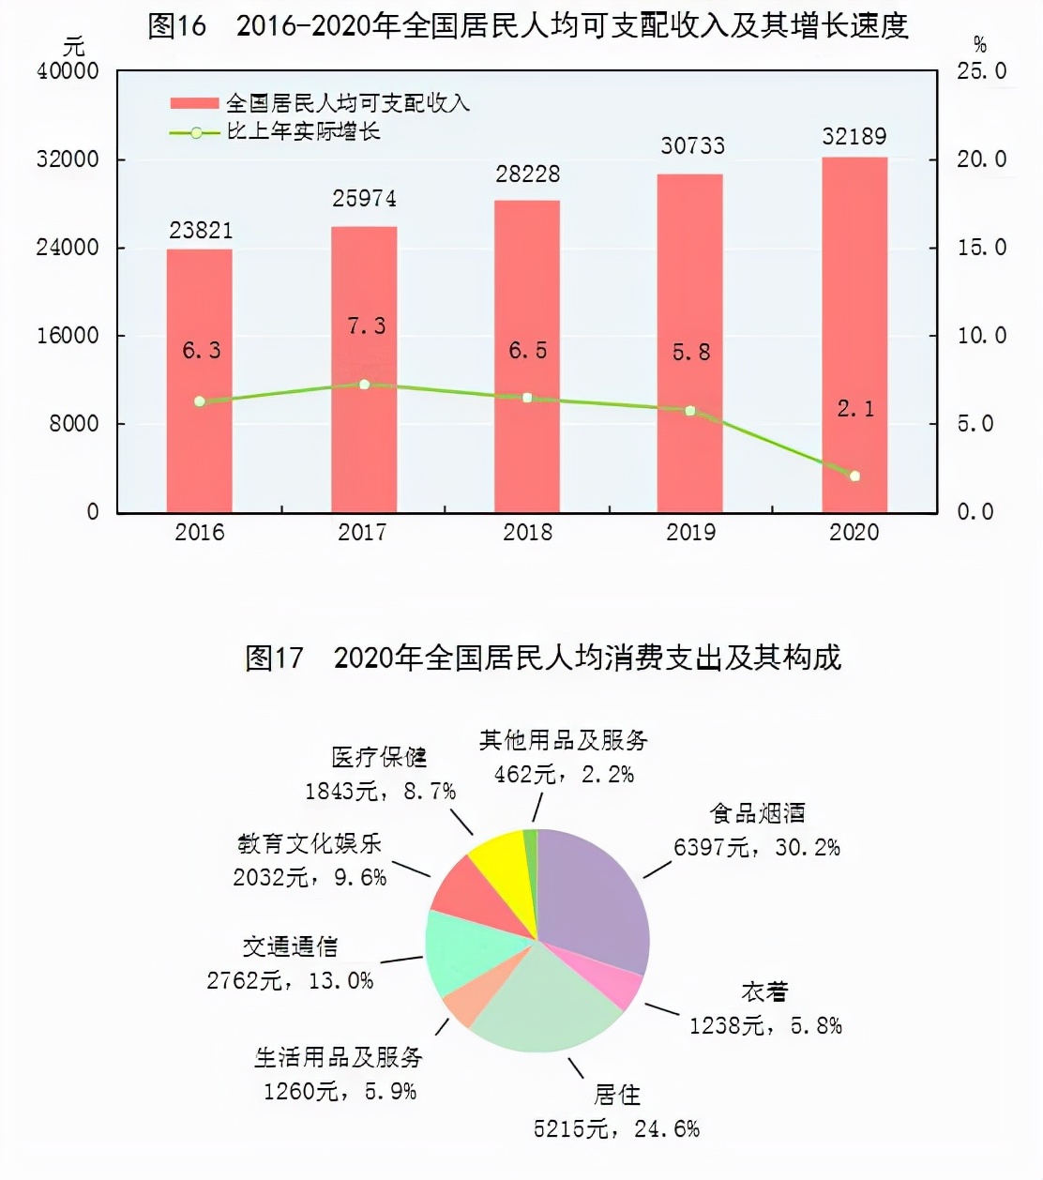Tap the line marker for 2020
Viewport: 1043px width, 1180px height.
tap(854, 477)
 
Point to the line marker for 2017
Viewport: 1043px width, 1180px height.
tap(365, 385)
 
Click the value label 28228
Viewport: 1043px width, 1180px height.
tap(528, 174)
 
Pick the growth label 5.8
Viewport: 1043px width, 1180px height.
tap(691, 353)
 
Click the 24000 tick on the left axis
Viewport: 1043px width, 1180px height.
tap(68, 248)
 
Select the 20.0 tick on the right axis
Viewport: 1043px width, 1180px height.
tap(981, 159)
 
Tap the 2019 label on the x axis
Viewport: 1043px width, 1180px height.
tap(691, 533)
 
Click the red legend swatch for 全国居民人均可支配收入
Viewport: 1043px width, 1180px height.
tap(195, 104)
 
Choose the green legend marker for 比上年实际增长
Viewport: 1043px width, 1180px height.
tap(195, 133)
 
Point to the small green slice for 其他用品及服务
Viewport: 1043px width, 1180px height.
tap(531, 844)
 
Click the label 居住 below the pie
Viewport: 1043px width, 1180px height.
tap(617, 1095)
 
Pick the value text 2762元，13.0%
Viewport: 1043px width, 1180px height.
tap(290, 981)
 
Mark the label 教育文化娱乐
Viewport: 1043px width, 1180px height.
tap(310, 844)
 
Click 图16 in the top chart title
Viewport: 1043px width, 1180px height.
tap(176, 26)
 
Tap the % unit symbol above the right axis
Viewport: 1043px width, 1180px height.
tap(980, 44)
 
